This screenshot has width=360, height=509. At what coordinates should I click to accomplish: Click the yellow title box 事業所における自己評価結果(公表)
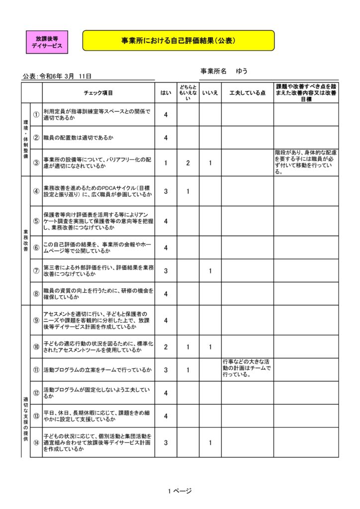pos(178,41)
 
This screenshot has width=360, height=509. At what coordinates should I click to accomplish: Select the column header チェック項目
pos(98,93)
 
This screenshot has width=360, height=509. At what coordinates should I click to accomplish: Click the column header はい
pos(166,93)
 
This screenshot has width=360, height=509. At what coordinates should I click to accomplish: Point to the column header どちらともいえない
pos(188,93)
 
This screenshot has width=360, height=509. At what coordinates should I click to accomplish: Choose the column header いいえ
pos(210,93)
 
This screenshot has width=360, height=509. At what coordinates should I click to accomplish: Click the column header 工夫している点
pos(247,93)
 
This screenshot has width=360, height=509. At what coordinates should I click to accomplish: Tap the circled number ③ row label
pos(36,163)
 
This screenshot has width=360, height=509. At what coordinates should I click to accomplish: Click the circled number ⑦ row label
pos(36,271)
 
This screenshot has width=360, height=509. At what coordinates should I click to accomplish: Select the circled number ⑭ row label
pos(36,442)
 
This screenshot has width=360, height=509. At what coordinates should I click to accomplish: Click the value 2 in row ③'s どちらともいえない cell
pos(188,163)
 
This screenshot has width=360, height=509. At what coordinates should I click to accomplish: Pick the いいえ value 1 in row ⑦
pos(210,271)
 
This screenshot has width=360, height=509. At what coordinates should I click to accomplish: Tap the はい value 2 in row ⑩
pos(166,347)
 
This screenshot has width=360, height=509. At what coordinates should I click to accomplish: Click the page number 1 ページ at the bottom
pos(180,491)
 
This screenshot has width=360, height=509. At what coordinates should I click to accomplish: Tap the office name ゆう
pos(242,71)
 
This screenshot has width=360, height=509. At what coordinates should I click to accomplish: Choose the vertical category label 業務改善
pos(25,240)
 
